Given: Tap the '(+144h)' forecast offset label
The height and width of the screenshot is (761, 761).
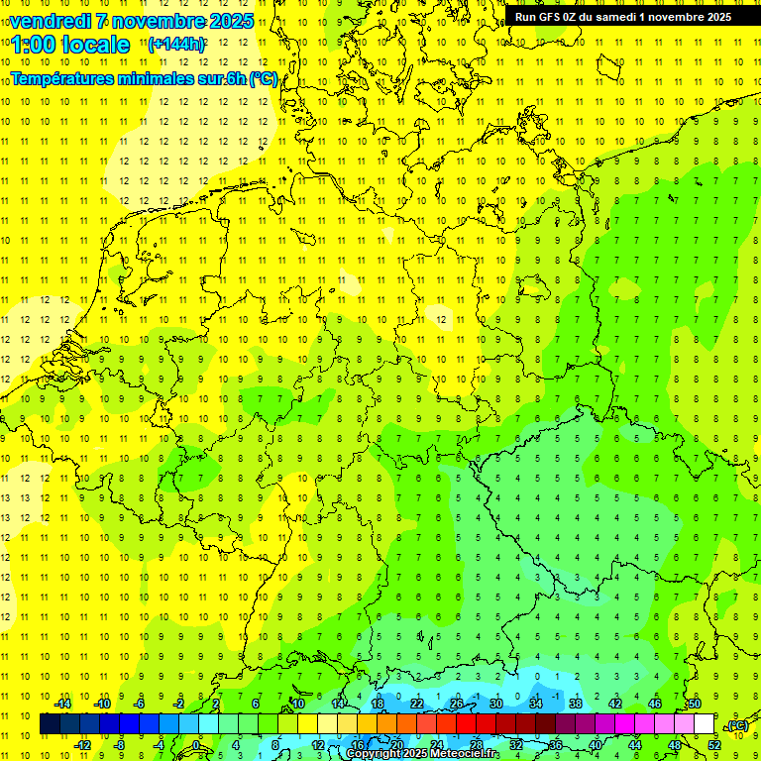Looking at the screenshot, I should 176,45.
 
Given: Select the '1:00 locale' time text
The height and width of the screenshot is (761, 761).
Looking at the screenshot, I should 70,45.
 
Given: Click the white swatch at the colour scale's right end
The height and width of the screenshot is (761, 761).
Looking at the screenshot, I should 705,724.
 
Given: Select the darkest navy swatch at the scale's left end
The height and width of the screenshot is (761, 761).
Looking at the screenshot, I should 50,724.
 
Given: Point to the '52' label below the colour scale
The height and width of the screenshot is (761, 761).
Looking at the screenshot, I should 713,744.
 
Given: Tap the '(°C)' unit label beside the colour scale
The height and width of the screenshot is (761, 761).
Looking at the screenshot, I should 737,725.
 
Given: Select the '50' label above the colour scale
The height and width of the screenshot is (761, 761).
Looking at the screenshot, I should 695,704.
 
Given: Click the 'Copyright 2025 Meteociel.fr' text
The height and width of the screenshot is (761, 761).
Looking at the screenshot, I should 422,754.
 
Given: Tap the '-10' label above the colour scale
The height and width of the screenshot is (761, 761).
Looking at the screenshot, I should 101,704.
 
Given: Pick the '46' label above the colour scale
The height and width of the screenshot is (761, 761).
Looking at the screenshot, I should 655,704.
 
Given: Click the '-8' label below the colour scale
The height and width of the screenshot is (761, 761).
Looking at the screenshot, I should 121,744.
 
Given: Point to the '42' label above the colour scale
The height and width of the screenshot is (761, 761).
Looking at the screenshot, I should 615,704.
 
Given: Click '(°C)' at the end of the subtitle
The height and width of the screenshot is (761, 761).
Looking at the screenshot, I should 264,79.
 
